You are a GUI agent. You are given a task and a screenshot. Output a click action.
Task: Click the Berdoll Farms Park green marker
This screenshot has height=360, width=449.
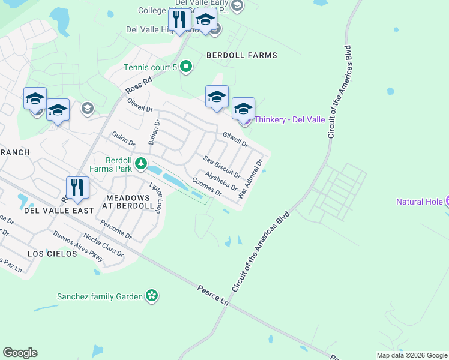pyautogui.click(x=140, y=163)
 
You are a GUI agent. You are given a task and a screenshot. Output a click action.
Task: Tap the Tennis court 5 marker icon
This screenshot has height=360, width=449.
pyautogui.click(x=186, y=67)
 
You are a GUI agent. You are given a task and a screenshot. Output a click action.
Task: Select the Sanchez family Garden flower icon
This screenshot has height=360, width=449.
pyautogui.click(x=152, y=296)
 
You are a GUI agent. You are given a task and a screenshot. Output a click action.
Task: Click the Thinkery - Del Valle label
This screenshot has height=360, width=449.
pyautogui.click(x=290, y=119)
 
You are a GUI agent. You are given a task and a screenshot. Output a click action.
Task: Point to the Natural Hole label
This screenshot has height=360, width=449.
pyautogui.click(x=420, y=202)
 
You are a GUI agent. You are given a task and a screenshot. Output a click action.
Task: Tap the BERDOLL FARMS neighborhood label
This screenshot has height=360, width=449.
pyautogui.click(x=242, y=55)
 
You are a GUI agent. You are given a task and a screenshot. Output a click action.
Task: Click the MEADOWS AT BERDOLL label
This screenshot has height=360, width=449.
pyautogui.click(x=130, y=202)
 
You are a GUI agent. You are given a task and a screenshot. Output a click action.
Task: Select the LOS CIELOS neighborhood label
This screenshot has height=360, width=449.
pyautogui.click(x=52, y=254)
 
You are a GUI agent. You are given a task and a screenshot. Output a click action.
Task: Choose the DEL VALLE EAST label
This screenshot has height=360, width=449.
pyautogui.click(x=59, y=211)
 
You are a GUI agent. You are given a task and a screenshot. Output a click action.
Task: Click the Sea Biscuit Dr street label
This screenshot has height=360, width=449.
pyautogui.click(x=221, y=167)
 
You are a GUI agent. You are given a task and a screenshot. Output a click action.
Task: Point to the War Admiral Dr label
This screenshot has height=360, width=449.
pyautogui.click(x=251, y=179)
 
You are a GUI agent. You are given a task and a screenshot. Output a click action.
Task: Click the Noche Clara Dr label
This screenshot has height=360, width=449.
pyautogui.click(x=103, y=245)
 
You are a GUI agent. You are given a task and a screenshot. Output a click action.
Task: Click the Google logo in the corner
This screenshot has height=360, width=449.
pyautogui.click(x=20, y=353)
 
